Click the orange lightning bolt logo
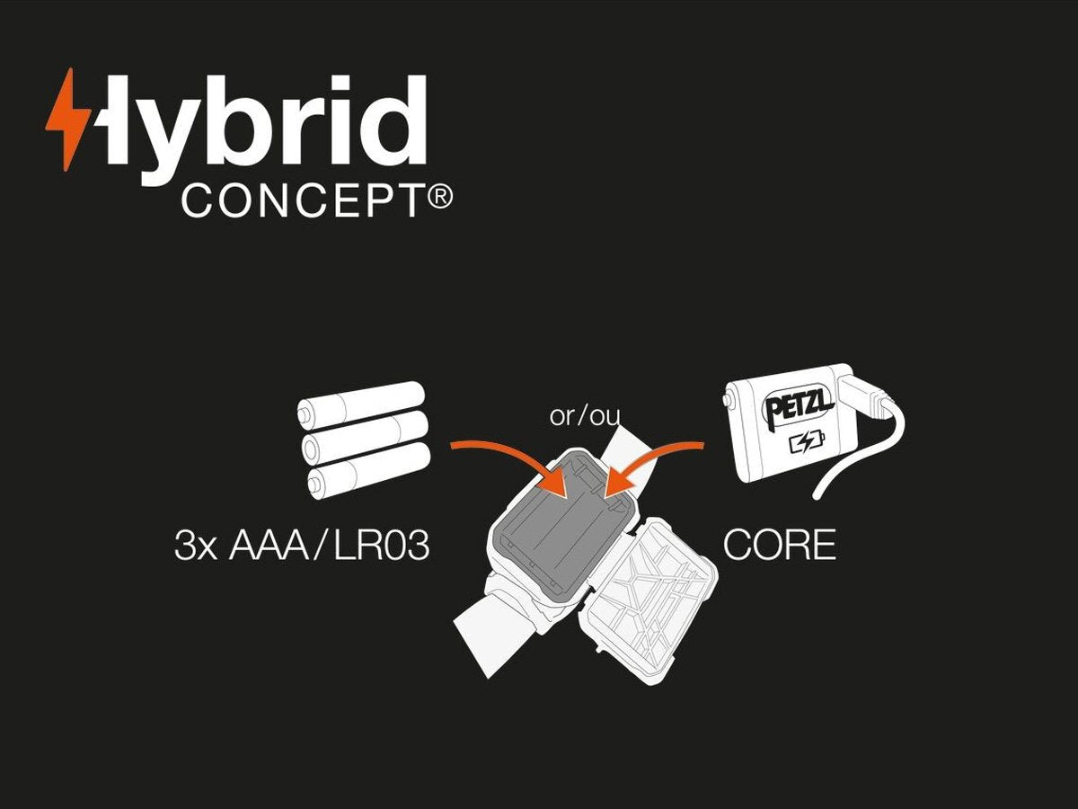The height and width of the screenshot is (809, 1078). tap(68, 119)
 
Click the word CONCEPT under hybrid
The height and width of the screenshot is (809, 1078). tap(302, 201)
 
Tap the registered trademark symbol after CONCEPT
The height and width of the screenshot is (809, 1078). tap(439, 198)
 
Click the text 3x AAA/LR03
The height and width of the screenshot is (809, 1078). tap(302, 547)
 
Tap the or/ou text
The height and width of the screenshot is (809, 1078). tap(585, 416)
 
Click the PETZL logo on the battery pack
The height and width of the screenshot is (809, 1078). tap(798, 406)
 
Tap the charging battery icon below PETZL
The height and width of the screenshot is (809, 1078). tap(803, 442)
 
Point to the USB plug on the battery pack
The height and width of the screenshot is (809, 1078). tap(867, 396)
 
